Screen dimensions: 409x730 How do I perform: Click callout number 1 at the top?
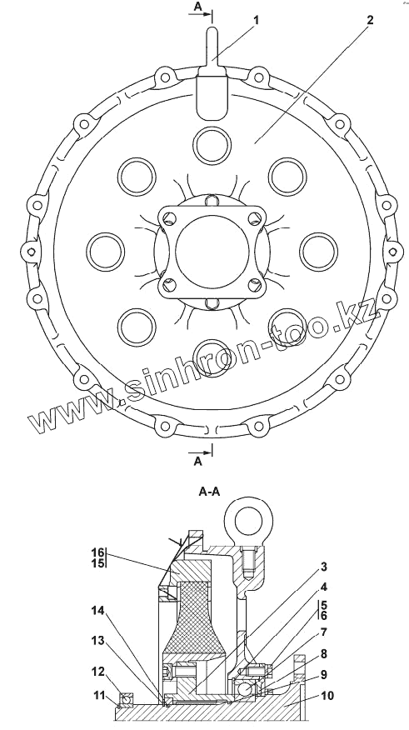pos(256,20)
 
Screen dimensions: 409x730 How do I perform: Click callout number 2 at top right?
pos(370,20)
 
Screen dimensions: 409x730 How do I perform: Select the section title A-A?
pos(209,492)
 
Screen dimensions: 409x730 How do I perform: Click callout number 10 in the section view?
pos(328,696)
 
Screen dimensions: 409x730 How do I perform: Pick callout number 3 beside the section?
pos(324,567)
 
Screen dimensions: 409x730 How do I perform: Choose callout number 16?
pos(98,552)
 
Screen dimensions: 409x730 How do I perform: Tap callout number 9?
pos(324,675)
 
